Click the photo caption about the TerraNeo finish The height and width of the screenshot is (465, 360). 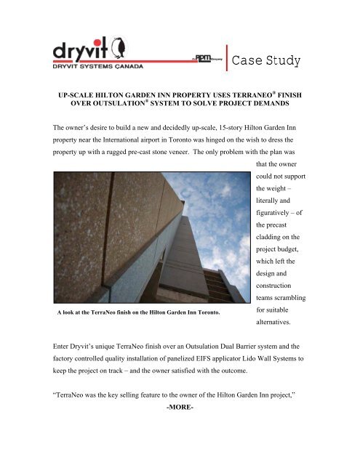pyautogui.click(x=148, y=352)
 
